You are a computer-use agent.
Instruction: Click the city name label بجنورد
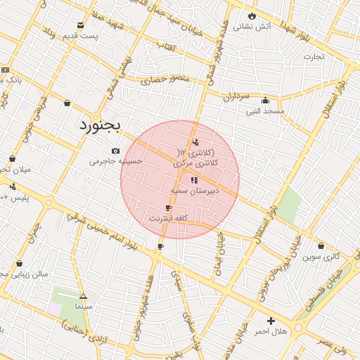[x=98, y=125]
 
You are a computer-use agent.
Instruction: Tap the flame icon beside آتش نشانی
[x=252, y=15]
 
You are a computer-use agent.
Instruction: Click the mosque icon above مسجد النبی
[x=265, y=100]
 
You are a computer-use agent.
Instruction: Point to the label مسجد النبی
[x=265, y=111]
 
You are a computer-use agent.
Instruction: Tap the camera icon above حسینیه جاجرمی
[x=115, y=150]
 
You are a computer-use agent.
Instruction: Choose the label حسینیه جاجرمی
[x=115, y=161]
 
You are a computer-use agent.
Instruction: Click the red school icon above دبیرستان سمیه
[x=194, y=180]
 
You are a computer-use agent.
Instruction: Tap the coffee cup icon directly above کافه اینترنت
[x=167, y=208]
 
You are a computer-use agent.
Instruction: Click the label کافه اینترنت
[x=167, y=219]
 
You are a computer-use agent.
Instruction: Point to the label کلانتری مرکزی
[x=196, y=163]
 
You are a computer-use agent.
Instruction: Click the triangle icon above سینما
[x=83, y=297]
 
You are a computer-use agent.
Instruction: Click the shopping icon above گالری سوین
[x=321, y=246]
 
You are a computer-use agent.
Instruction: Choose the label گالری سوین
[x=321, y=257]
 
